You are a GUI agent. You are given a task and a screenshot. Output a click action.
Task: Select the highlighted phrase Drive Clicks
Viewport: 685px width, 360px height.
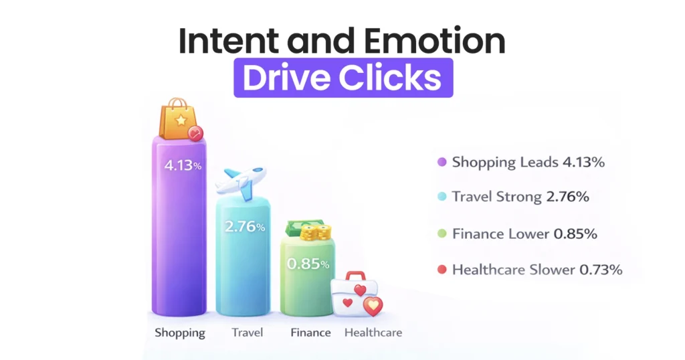click(x=342, y=78)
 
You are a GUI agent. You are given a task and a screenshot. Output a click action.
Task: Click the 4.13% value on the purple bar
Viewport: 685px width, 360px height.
click(x=179, y=164)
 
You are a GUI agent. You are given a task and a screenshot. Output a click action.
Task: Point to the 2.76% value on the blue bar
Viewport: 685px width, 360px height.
click(x=245, y=227)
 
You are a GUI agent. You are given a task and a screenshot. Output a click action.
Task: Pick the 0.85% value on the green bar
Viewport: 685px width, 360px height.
click(x=308, y=264)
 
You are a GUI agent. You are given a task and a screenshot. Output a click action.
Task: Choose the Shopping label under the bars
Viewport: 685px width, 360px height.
click(x=180, y=333)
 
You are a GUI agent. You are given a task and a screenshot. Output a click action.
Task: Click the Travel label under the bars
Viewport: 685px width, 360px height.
click(x=247, y=333)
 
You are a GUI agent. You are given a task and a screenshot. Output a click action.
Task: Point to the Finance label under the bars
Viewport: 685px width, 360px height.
click(x=310, y=333)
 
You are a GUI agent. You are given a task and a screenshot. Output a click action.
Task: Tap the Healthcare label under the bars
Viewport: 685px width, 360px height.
click(x=373, y=333)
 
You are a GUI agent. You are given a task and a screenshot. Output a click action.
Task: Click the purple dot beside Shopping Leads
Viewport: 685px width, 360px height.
click(x=441, y=162)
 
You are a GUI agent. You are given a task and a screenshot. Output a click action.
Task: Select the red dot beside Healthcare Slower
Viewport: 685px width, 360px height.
click(x=441, y=270)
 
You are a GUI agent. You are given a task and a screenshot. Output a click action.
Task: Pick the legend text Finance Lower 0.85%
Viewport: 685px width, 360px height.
click(x=524, y=234)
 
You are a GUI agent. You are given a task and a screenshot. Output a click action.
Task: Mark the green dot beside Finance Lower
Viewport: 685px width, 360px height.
click(x=441, y=234)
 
